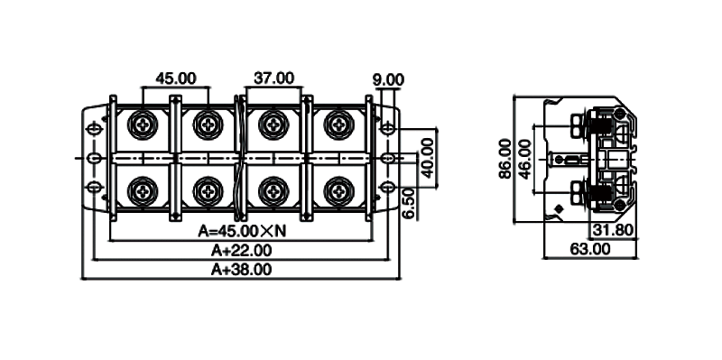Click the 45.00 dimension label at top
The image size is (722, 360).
(175, 78)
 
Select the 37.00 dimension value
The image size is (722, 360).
(274, 78)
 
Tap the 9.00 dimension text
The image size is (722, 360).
(388, 80)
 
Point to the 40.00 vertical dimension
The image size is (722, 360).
(428, 158)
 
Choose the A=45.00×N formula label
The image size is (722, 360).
(242, 231)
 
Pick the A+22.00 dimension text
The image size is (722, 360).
(241, 251)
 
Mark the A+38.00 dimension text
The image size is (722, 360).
(241, 269)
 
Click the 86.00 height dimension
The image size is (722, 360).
(505, 159)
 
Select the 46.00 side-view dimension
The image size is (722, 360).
(524, 159)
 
